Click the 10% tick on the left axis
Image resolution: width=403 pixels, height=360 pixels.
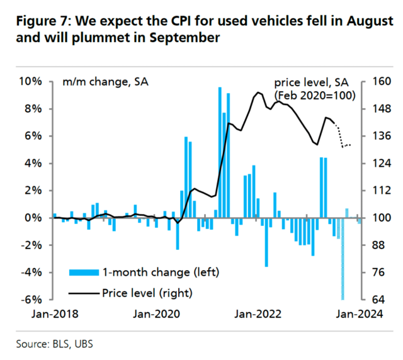(30, 81)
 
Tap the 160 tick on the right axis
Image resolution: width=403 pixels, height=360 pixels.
(375, 81)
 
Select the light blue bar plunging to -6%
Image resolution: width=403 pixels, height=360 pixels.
(343, 258)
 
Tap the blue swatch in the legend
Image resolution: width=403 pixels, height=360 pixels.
(84, 272)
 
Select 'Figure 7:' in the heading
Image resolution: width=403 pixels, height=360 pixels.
(42, 20)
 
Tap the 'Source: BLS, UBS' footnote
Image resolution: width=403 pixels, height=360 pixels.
(57, 344)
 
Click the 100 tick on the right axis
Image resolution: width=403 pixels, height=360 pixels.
(375, 218)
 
